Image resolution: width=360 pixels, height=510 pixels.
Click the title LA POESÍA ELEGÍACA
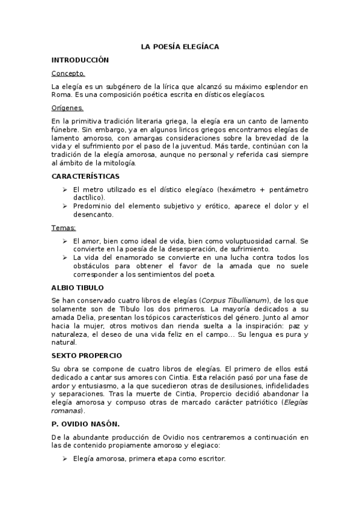pos(180,46)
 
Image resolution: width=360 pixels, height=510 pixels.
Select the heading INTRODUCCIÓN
pos(80,60)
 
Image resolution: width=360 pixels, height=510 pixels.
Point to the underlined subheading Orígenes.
pos(67,108)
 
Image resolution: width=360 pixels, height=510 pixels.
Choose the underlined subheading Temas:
pos(64,228)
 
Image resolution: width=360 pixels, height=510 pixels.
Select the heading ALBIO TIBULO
pos(78,287)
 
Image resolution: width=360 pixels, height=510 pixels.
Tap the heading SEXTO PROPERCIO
pos(87,355)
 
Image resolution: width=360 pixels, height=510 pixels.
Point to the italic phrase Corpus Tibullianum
pos(235,300)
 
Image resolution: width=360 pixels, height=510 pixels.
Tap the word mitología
pos(117,163)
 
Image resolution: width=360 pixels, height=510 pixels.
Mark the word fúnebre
pos(66,129)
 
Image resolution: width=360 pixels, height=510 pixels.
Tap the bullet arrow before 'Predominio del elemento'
pos(64,206)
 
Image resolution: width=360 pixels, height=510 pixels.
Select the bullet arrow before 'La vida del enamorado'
pos(64,257)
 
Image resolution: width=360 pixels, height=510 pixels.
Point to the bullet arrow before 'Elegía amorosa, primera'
pos(64,459)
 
